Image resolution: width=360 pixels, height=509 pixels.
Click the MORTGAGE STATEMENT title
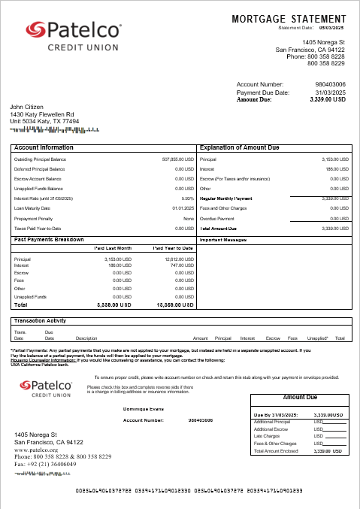tap(289, 18)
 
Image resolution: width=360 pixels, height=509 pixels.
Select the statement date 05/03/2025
tap(331, 28)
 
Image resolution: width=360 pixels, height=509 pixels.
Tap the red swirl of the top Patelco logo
tap(36, 30)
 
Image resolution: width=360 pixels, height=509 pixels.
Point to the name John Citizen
tap(27, 107)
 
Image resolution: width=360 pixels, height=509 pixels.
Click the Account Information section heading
tap(44, 148)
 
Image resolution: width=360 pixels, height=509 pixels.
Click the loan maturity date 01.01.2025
tap(183, 208)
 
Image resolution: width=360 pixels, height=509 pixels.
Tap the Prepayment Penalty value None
tap(189, 218)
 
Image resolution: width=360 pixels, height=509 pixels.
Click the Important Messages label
tap(224, 240)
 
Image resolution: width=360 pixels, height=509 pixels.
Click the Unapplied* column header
tap(319, 338)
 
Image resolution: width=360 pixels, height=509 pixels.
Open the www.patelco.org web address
tap(36, 450)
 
